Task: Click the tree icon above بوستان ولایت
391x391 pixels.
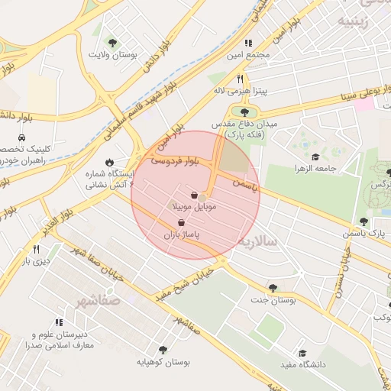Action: coord(113,43)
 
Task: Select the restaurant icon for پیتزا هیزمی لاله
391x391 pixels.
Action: coord(240,79)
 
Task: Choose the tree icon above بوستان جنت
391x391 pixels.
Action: coord(273,288)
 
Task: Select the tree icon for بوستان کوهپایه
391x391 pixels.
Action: coord(162,349)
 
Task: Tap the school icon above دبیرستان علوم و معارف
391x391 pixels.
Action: coord(59,323)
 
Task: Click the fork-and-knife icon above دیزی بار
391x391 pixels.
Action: coord(36,249)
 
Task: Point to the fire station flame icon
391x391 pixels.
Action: coord(109,162)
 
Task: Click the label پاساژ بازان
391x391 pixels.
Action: coord(181,235)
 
